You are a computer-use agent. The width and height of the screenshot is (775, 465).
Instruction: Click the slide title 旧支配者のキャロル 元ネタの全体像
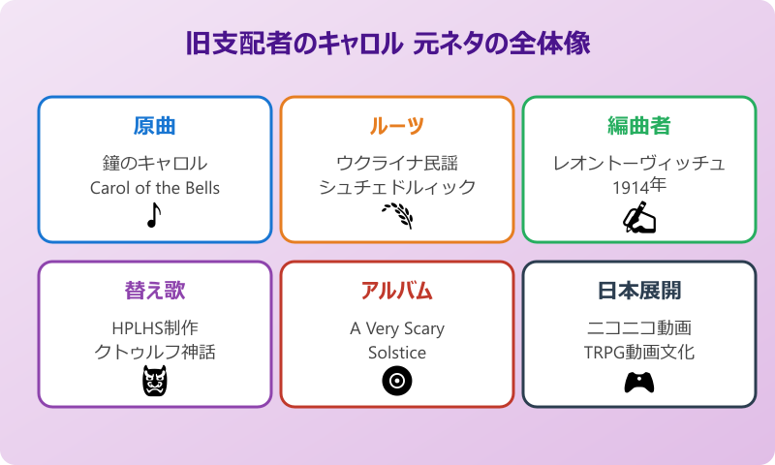click(x=387, y=45)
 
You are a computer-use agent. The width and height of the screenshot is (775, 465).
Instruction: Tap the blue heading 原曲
click(x=155, y=126)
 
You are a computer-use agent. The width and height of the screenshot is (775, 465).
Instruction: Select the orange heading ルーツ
click(x=397, y=126)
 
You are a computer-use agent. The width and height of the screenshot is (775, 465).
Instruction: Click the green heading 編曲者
click(x=639, y=126)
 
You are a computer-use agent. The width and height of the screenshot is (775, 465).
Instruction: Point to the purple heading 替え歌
click(x=155, y=291)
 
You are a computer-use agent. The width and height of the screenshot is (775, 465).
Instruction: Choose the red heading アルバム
click(x=397, y=291)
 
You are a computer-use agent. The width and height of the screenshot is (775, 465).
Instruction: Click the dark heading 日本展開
click(x=639, y=291)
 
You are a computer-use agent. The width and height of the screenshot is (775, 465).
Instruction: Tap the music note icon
click(x=153, y=215)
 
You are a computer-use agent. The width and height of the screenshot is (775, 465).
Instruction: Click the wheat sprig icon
click(x=396, y=215)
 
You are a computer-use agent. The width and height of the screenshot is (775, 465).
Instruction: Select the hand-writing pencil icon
click(x=638, y=217)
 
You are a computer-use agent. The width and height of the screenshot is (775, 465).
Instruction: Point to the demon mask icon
click(x=155, y=382)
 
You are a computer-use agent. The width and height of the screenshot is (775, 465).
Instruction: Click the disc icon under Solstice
click(x=396, y=382)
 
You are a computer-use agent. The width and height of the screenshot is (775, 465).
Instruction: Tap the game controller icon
click(x=638, y=383)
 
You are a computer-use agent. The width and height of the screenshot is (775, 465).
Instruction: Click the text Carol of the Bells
click(x=155, y=188)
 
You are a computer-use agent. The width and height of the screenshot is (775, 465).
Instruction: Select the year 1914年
click(x=639, y=188)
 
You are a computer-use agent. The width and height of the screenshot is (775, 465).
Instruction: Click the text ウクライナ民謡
click(x=397, y=163)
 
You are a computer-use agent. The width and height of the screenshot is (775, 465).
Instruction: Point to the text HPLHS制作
click(x=155, y=327)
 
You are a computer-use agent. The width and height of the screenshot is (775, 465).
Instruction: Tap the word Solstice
click(x=397, y=353)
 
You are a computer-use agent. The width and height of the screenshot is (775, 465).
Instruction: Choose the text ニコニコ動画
click(x=639, y=327)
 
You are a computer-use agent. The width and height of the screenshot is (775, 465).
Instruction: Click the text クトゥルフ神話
click(x=155, y=353)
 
